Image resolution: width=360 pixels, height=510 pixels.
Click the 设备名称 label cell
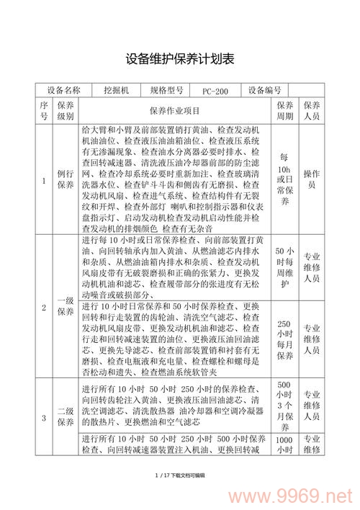pyautogui.click(x=63, y=91)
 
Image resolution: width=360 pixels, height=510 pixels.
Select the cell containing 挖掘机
pyautogui.click(x=114, y=91)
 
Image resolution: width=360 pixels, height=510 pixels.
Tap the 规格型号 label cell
pyautogui.click(x=166, y=91)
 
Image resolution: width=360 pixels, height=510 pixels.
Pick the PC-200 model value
pyautogui.click(x=215, y=91)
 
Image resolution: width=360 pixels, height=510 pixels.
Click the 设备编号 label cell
pyautogui.click(x=264, y=91)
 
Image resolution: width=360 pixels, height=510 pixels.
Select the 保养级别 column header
pyautogui.click(x=66, y=110)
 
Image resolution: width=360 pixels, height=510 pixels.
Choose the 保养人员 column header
pyautogui.click(x=311, y=110)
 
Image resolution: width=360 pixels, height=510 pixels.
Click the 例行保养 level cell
pyautogui.click(x=66, y=180)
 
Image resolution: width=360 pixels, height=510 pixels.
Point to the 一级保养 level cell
pyautogui.click(x=66, y=305)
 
